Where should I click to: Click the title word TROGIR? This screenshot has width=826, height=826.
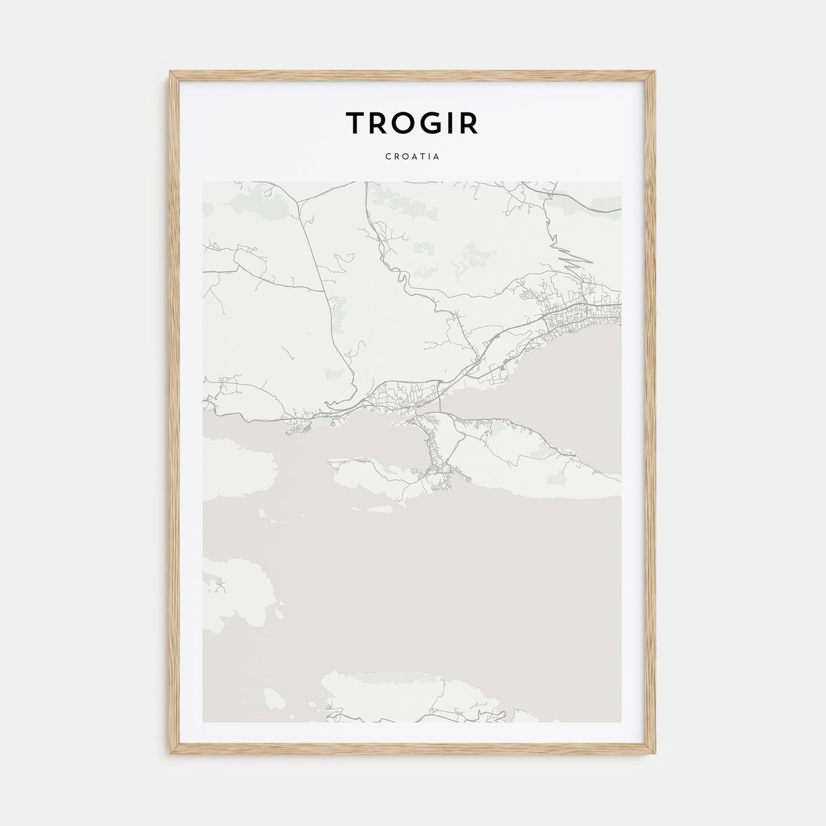point(412,123)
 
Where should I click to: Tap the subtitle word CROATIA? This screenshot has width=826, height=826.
point(412,158)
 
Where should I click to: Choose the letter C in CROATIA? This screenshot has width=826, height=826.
point(388,158)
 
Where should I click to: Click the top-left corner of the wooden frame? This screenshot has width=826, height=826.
point(171,72)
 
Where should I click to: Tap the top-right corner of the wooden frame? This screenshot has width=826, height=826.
point(655,72)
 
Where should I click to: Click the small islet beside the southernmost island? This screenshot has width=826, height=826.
point(273,699)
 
